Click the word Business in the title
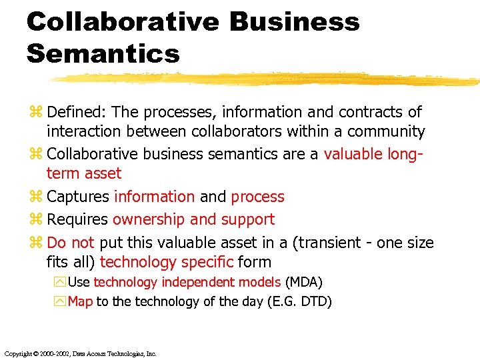(x=295, y=22)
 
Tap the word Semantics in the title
(x=103, y=53)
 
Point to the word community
(x=386, y=131)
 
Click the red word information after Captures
(x=155, y=197)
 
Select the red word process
(x=257, y=197)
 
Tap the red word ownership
(x=149, y=219)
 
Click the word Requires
(x=77, y=219)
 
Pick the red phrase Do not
(x=71, y=242)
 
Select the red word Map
(x=81, y=301)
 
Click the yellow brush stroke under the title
(x=267, y=80)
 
